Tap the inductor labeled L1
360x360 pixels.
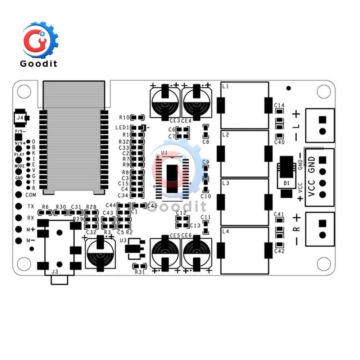(245, 105)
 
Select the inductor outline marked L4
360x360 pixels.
(245, 250)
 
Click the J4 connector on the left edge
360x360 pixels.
(20, 118)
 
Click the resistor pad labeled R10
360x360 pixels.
(137, 117)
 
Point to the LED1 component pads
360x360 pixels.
(138, 127)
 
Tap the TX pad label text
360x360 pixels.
(31, 207)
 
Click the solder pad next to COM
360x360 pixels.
(19, 195)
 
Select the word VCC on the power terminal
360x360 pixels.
(312, 188)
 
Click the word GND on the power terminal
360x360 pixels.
(312, 165)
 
